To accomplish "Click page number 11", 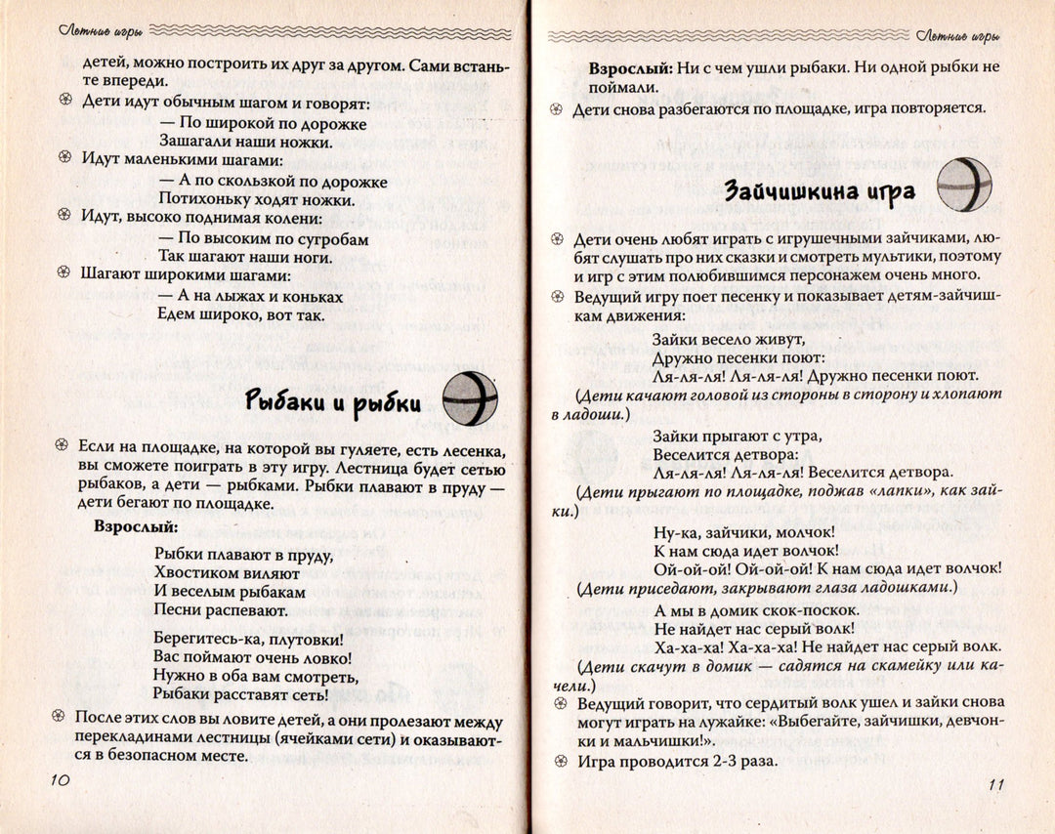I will (x=994, y=785).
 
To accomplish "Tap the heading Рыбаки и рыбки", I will (x=332, y=402).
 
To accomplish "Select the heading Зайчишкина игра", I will (x=820, y=190).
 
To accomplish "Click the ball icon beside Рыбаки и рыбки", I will (x=470, y=398).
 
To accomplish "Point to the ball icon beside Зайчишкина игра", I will (x=964, y=185).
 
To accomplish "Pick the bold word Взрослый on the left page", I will (x=135, y=525).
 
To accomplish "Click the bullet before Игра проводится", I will (x=558, y=761).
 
